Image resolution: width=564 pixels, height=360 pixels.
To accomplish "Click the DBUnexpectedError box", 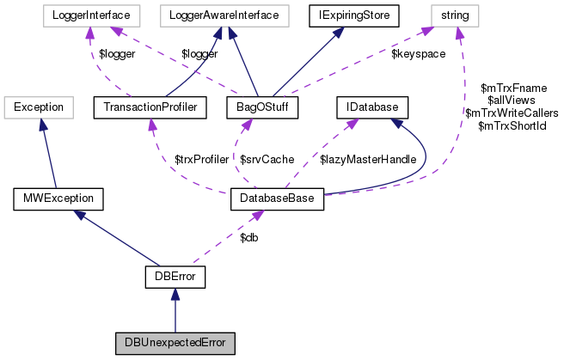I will point(175,341).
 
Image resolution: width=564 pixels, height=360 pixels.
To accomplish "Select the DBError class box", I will point(175,277).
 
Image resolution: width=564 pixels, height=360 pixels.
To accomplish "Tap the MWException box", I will point(58,200).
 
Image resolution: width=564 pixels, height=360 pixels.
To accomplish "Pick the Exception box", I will point(38,107).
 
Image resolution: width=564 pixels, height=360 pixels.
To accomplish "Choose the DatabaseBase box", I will point(279,200).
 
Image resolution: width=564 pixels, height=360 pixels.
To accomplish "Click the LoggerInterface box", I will point(80,15).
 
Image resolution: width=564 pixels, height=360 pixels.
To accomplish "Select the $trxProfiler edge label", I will point(201,159).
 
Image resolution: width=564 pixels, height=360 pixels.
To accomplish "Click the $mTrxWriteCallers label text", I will point(512,113).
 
